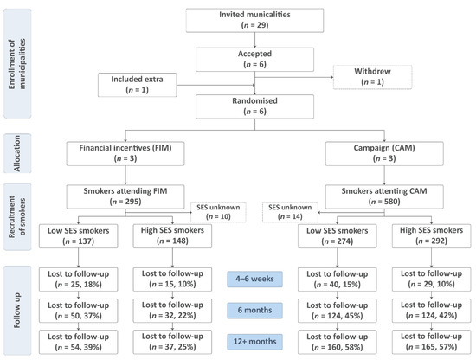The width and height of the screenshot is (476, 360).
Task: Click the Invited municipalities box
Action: tap(254, 21)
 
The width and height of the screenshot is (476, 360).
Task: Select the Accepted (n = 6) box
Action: tap(254, 60)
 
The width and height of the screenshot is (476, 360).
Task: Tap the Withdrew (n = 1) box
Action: tap(372, 77)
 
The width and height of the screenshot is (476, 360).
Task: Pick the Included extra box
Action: tap(138, 85)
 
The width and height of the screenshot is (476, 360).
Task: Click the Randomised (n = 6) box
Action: tap(254, 106)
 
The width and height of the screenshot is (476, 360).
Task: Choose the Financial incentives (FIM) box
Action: tap(125, 153)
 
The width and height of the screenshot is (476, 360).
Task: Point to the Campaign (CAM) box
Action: tap(384, 153)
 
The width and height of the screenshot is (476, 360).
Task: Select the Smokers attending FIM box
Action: tap(125, 196)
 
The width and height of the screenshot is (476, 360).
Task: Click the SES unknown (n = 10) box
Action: tap(218, 212)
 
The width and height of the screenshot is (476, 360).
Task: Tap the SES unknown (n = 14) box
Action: tap(290, 212)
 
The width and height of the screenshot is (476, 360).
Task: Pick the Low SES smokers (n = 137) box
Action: tap(78, 236)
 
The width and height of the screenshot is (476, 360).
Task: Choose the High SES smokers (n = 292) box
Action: tap(431, 236)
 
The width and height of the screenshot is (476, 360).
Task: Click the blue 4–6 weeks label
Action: tap(254, 279)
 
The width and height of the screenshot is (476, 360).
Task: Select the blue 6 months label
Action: tap(254, 311)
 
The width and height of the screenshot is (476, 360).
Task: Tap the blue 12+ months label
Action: tap(254, 342)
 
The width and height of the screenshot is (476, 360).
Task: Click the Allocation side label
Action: tap(17, 153)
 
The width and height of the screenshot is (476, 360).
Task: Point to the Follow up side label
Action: tap(17, 311)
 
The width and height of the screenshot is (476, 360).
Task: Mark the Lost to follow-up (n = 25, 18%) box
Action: tap(78, 280)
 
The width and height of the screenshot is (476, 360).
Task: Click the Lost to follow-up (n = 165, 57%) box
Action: tap(431, 342)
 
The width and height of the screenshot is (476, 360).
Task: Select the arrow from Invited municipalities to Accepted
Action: tap(254, 40)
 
